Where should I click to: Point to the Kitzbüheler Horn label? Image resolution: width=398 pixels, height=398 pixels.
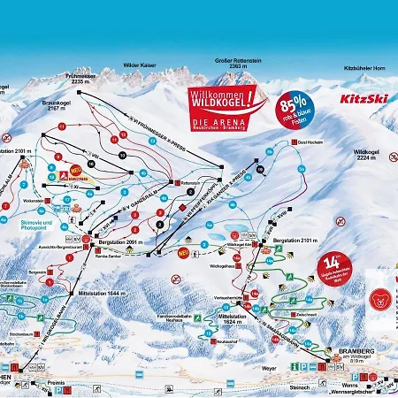point(358,67)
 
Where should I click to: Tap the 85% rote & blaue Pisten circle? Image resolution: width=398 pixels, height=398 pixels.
point(297,106)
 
